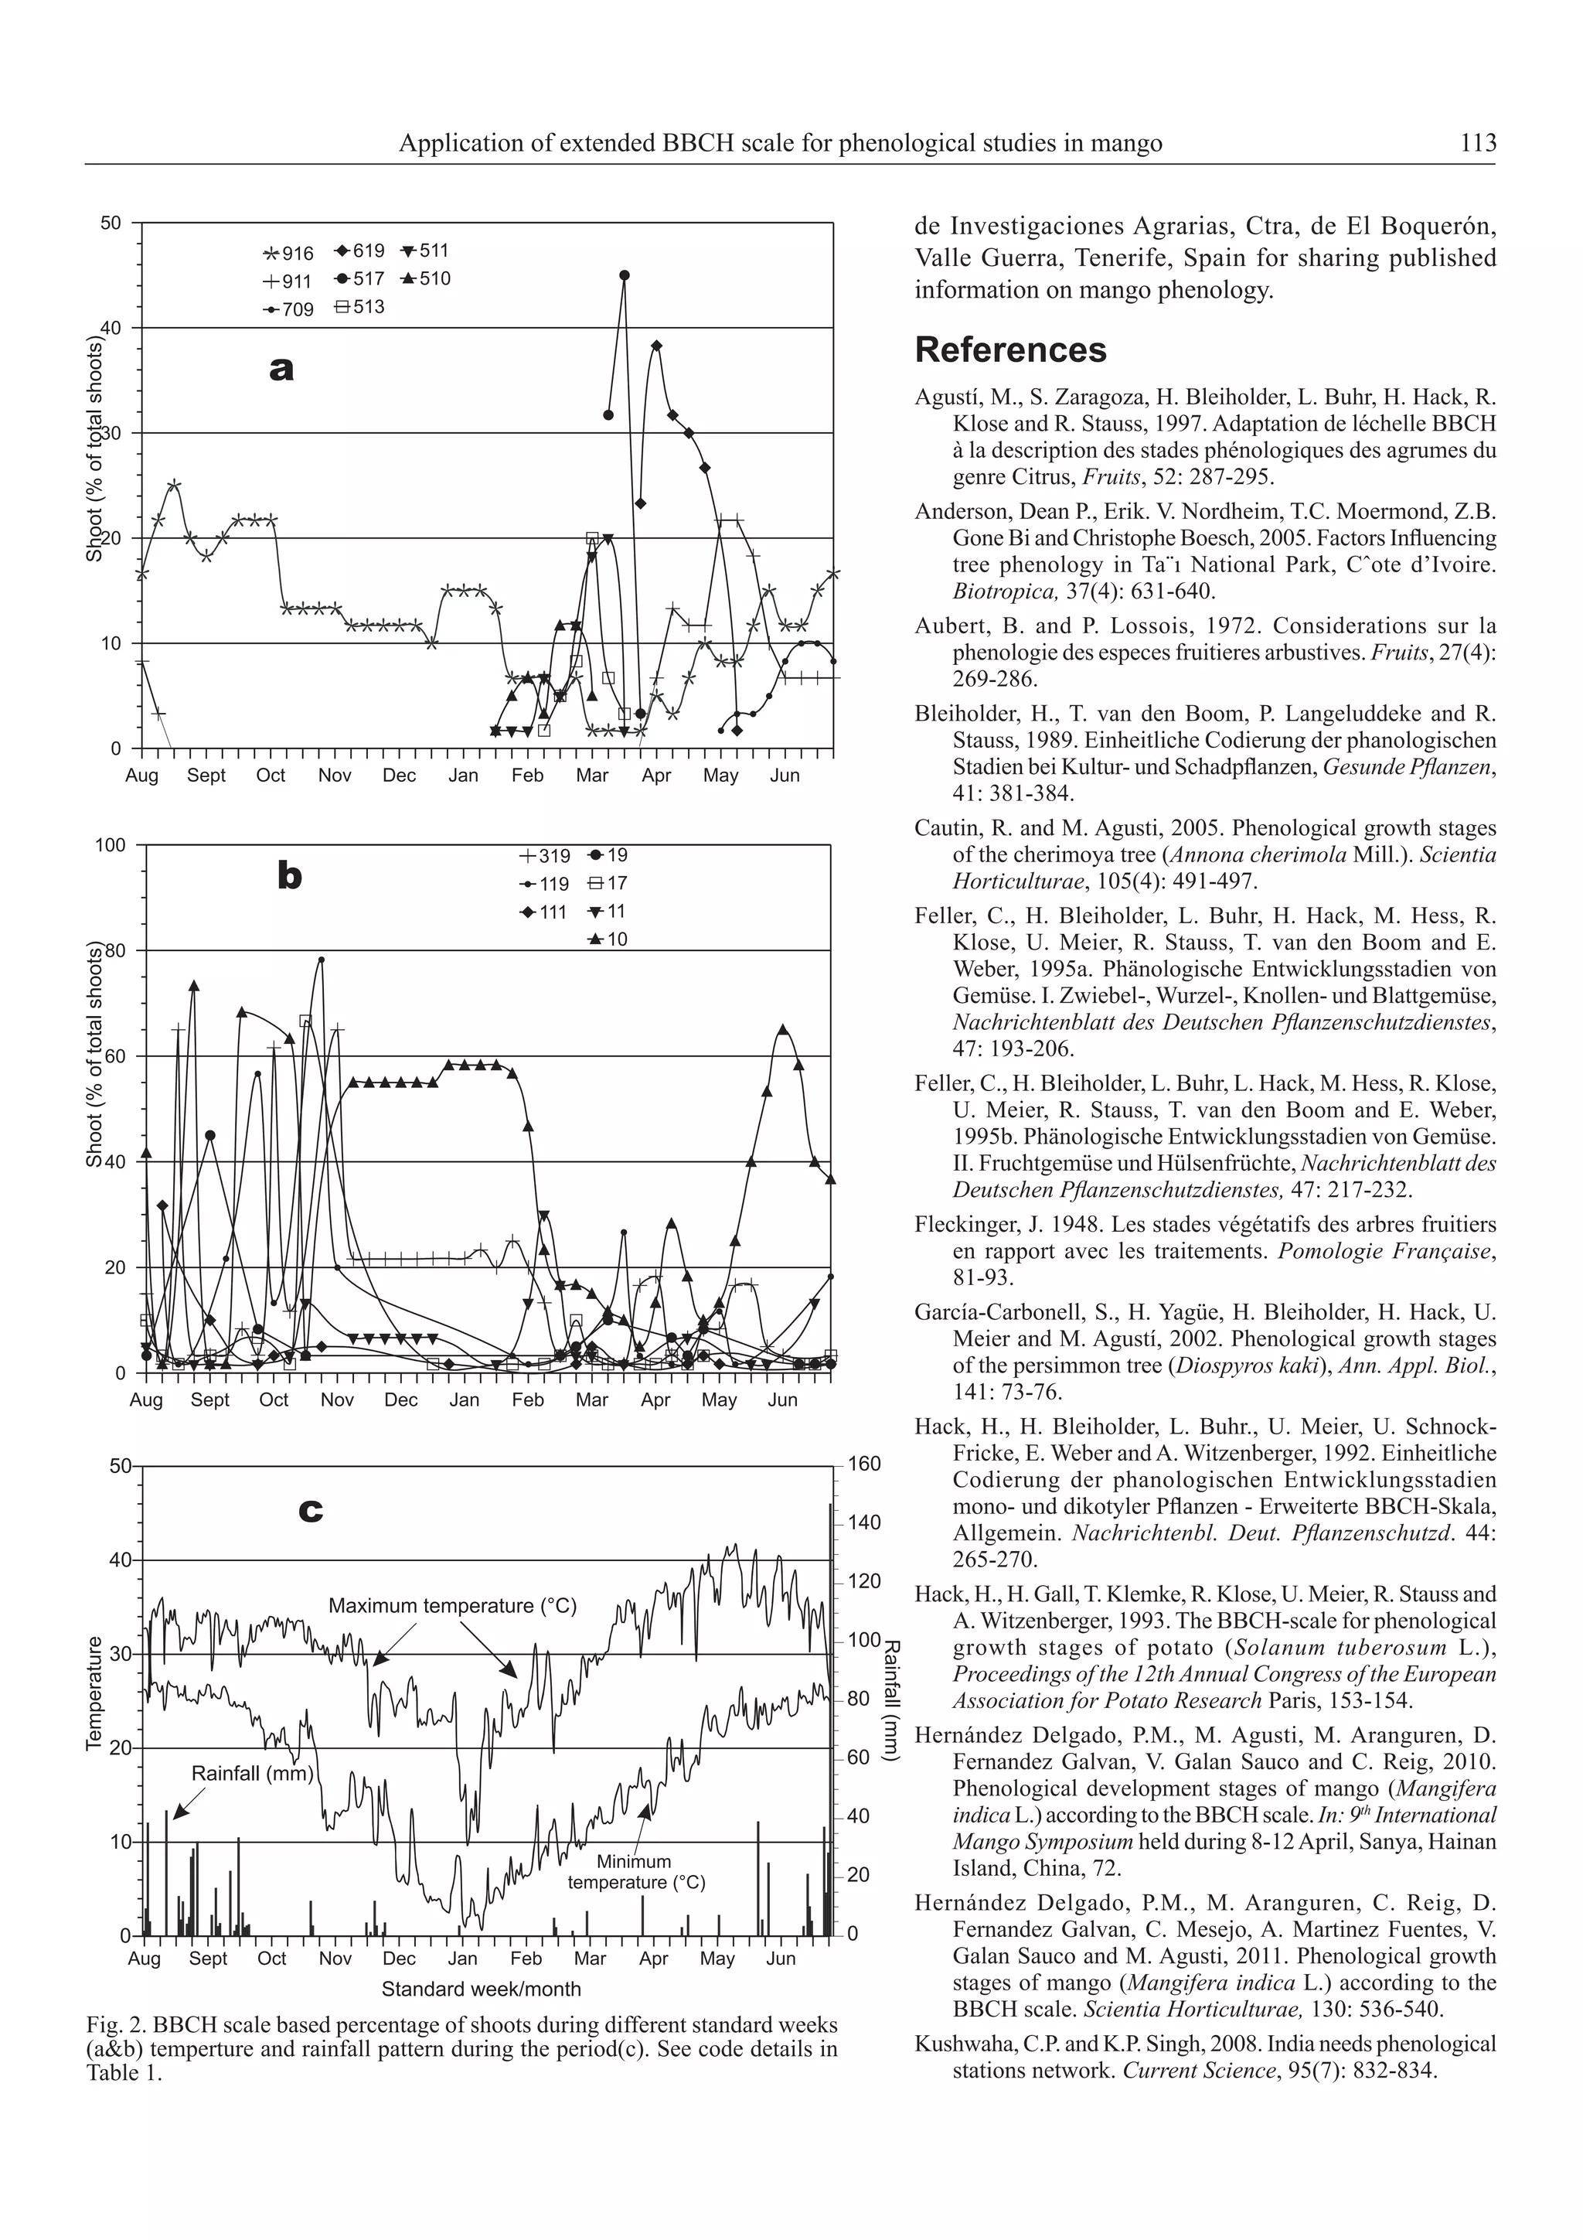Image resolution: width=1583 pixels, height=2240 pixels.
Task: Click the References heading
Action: pyautogui.click(x=1010, y=349)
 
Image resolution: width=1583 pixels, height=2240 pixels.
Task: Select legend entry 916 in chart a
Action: pyautogui.click(x=289, y=254)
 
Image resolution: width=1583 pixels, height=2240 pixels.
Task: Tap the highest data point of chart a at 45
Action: pyautogui.click(x=625, y=275)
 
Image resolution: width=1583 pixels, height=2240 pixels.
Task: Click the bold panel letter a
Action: pyautogui.click(x=281, y=369)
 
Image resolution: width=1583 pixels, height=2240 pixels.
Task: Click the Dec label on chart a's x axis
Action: pyautogui.click(x=398, y=776)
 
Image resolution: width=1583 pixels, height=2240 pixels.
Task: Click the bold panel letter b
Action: pyautogui.click(x=290, y=877)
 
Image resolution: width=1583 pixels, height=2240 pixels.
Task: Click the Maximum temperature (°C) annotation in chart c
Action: pyautogui.click(x=453, y=1605)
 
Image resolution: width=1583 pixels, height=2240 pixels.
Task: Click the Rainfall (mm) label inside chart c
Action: pyautogui.click(x=252, y=1773)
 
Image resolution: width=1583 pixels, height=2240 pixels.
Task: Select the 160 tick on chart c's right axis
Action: pyautogui.click(x=864, y=1464)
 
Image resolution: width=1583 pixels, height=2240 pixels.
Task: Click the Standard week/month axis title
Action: pyautogui.click(x=480, y=1989)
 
